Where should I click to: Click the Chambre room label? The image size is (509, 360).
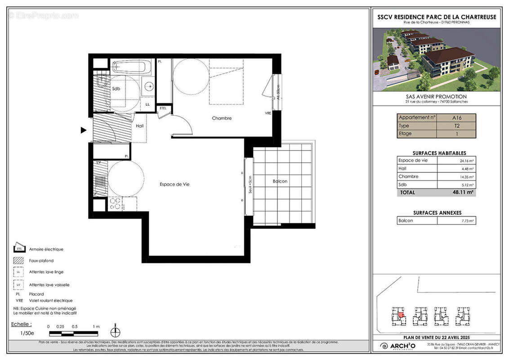pyautogui.click(x=222, y=118)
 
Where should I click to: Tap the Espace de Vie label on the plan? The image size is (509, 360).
pyautogui.click(x=174, y=184)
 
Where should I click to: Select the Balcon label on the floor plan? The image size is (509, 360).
pyautogui.click(x=280, y=181)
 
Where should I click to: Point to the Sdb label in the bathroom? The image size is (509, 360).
pyautogui.click(x=116, y=89)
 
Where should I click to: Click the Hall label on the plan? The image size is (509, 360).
pyautogui.click(x=139, y=126)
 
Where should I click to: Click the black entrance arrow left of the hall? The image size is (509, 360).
pyautogui.click(x=83, y=130)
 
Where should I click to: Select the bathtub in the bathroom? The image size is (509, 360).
pyautogui.click(x=131, y=67)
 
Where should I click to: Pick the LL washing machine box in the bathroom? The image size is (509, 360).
pyautogui.click(x=147, y=104)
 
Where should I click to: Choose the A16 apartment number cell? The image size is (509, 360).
pyautogui.click(x=456, y=118)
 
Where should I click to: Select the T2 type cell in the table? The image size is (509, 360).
pyautogui.click(x=456, y=126)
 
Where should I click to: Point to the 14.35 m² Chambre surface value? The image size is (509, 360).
pyautogui.click(x=468, y=177)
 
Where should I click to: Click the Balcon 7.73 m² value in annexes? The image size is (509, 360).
pyautogui.click(x=468, y=221)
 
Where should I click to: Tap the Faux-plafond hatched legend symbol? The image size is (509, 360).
pyautogui.click(x=19, y=261)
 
